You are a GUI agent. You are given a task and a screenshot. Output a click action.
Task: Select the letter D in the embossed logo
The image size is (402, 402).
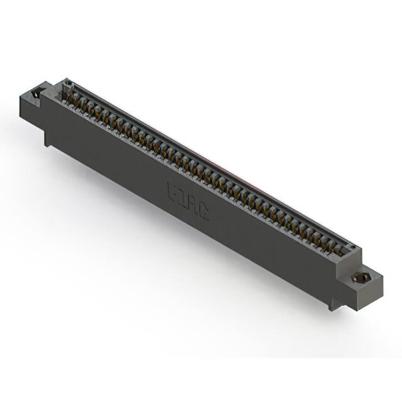[x=183, y=197]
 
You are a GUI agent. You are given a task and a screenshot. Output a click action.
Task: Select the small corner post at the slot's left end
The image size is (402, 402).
[x=65, y=83]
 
